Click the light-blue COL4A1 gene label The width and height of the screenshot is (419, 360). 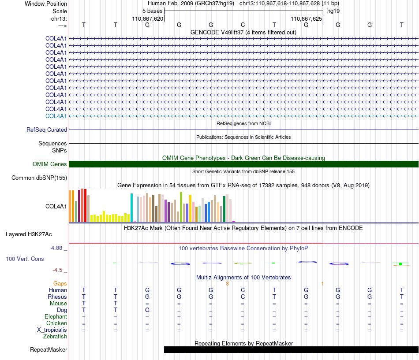(56, 116)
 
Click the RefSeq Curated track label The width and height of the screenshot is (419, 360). (47, 130)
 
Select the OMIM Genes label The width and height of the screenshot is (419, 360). (50, 164)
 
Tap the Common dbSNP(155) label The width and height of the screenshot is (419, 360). (39, 178)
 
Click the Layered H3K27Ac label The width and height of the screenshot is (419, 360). (29, 234)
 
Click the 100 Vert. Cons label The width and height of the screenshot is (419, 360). (25, 259)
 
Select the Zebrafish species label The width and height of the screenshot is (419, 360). (55, 337)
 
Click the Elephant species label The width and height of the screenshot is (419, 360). (56, 317)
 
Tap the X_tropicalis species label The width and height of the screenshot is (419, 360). (52, 330)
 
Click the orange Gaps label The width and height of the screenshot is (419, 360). (60, 284)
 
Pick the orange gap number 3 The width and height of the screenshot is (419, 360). (228, 284)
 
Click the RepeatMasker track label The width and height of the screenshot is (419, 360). (49, 350)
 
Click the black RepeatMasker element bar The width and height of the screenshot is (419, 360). (291, 349)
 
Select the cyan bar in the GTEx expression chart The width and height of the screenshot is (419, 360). (131, 208)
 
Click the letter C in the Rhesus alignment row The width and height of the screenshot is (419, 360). (243, 297)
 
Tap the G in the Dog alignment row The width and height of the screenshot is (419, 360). (147, 310)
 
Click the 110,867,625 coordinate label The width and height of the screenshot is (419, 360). (306, 19)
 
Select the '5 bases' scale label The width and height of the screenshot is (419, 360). (152, 11)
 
